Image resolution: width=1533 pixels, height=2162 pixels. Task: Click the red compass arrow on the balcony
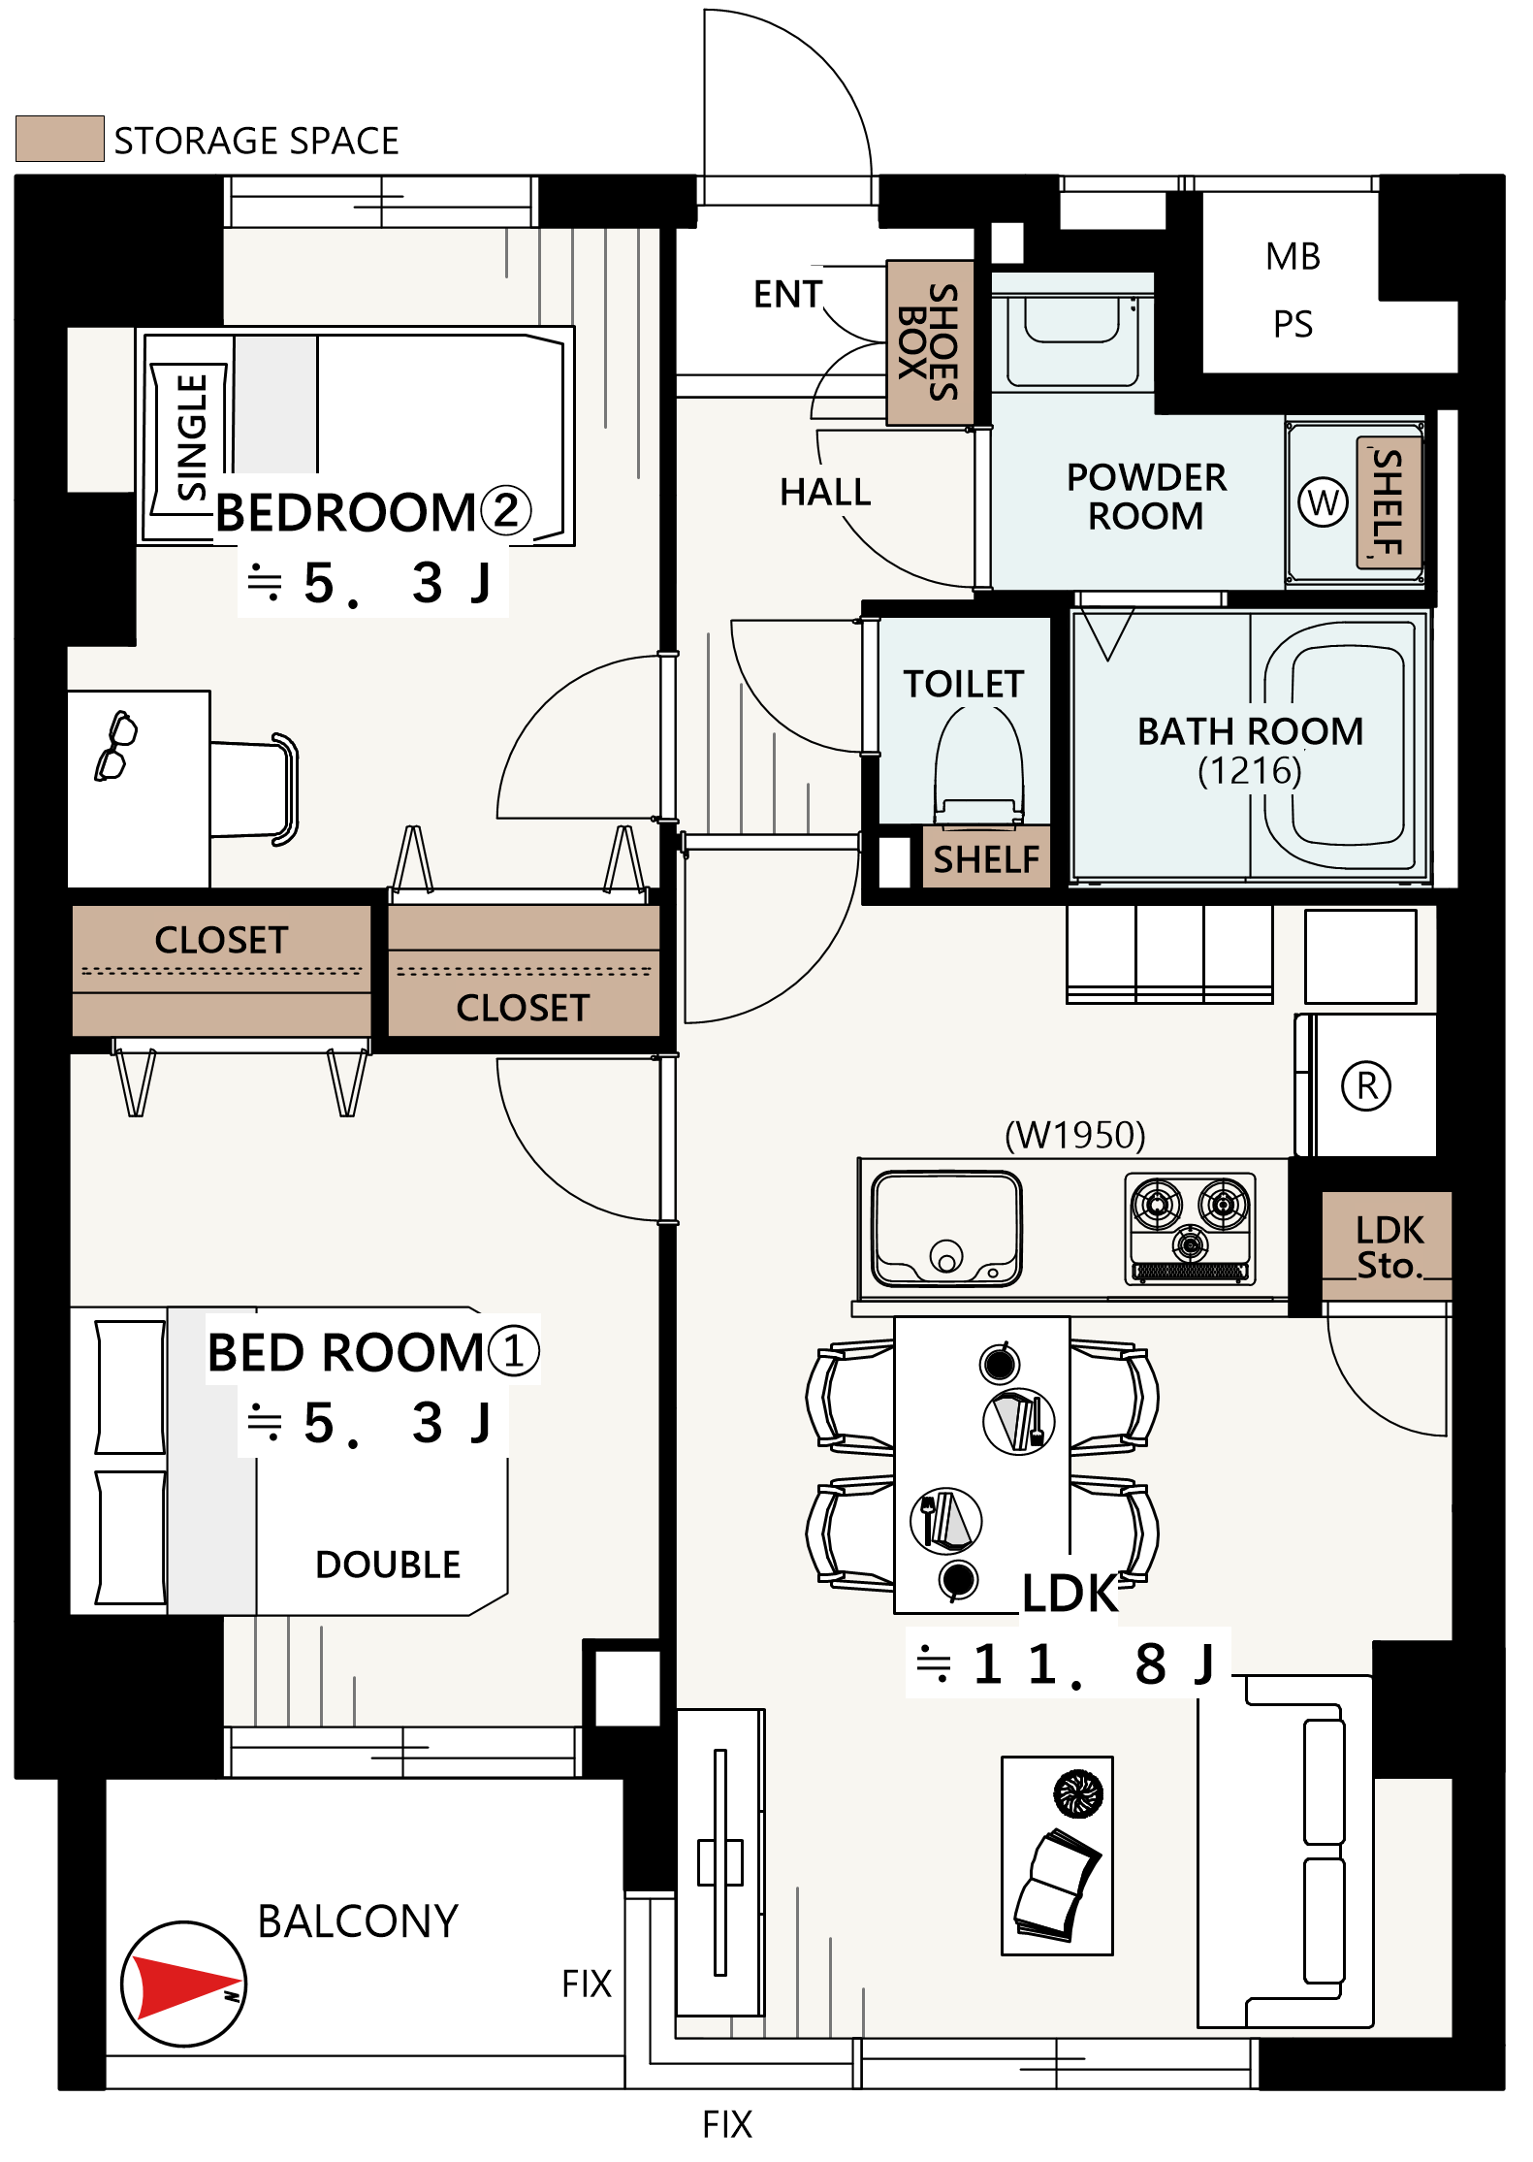coord(184,1985)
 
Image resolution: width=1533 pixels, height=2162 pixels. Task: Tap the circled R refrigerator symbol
coord(1366,1085)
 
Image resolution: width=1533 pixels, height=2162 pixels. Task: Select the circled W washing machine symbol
coord(1323,502)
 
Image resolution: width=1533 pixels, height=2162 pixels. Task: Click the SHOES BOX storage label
coord(929,342)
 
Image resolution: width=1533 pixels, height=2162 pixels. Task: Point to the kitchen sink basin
coord(946,1228)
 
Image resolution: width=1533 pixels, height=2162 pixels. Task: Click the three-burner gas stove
coord(1190,1228)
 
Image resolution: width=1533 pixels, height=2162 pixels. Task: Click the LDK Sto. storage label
coord(1389,1247)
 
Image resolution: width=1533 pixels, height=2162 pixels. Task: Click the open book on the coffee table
coord(1056,1885)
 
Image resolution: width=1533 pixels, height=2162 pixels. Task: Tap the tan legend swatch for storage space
coord(60,139)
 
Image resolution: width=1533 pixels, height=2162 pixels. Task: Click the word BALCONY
coord(358,1921)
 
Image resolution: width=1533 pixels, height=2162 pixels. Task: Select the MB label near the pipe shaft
coord(1293,257)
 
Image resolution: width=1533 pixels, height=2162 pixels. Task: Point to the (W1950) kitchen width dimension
coord(1074,1135)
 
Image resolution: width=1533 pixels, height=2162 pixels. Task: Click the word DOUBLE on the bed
coord(388,1565)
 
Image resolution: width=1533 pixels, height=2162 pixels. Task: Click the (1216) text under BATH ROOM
coord(1249,771)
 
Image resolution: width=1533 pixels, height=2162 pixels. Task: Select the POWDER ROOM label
coord(1146,497)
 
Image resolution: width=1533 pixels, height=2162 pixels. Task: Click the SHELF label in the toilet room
coord(986,859)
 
